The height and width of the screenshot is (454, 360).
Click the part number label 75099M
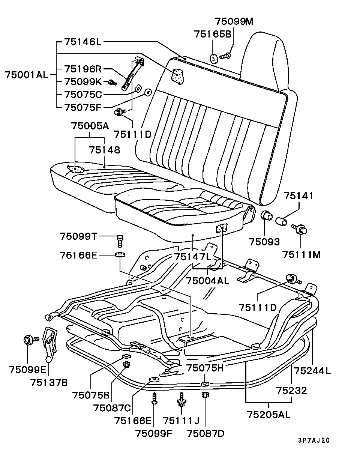[234, 21]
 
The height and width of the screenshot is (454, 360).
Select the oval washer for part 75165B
[213, 59]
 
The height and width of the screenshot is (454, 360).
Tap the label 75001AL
[27, 74]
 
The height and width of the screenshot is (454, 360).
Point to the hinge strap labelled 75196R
[133, 74]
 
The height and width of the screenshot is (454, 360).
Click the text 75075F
[83, 107]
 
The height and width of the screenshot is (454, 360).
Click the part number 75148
[105, 150]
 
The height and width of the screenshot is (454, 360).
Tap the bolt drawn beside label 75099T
[120, 239]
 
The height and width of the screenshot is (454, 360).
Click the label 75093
[265, 242]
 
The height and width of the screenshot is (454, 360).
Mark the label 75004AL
[207, 281]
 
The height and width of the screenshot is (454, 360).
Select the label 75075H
[205, 368]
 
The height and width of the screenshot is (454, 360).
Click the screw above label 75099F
[154, 398]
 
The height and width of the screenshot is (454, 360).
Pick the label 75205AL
[268, 415]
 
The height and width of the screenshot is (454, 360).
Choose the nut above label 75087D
[205, 395]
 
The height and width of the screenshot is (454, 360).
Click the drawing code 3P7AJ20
[314, 440]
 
